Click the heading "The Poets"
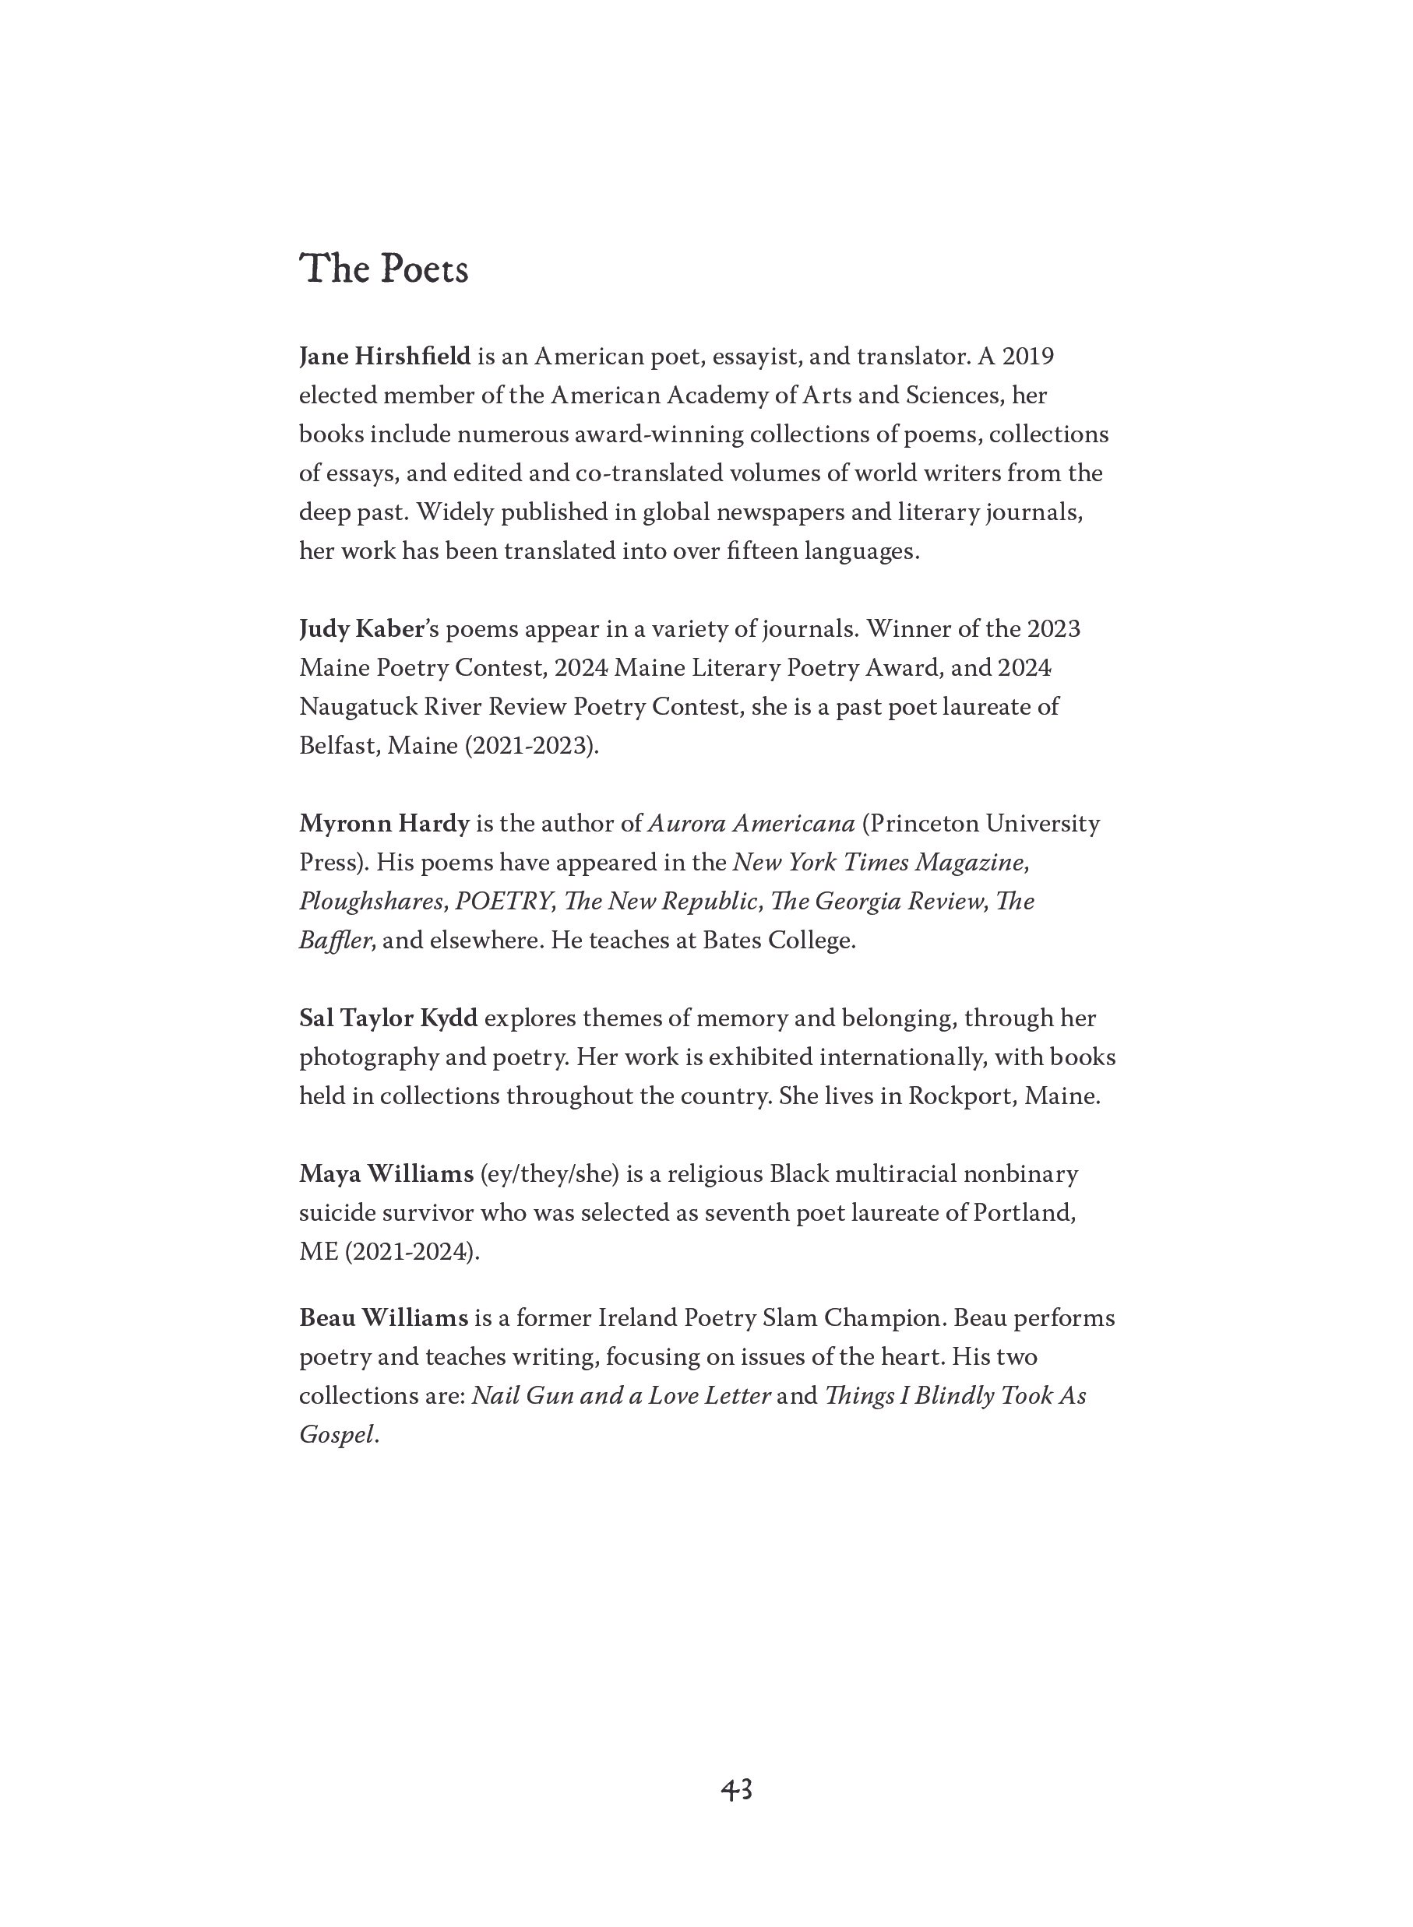(383, 269)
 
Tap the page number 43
(735, 1788)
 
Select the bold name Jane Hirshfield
(385, 356)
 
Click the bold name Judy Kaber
(361, 629)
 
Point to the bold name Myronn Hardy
(384, 823)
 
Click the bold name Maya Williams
(386, 1174)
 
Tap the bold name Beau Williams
(383, 1317)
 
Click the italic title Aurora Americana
(752, 823)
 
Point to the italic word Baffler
(334, 941)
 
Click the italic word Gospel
(337, 1435)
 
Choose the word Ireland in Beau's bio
(636, 1317)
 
